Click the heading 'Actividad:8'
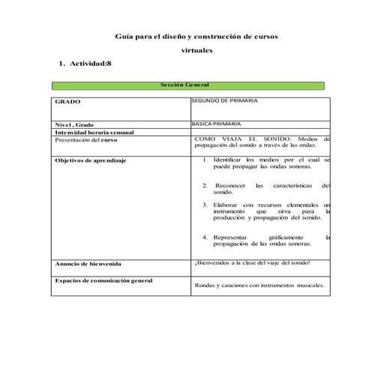tap(91, 64)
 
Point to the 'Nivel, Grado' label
tap(73, 124)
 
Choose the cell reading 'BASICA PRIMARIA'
tap(217, 124)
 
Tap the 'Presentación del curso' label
tap(86, 139)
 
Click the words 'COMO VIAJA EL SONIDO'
tap(240, 139)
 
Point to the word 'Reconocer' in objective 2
tap(231, 185)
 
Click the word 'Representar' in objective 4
tap(232, 237)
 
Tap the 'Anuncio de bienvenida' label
tap(88, 264)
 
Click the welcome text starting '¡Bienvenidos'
tap(251, 262)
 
